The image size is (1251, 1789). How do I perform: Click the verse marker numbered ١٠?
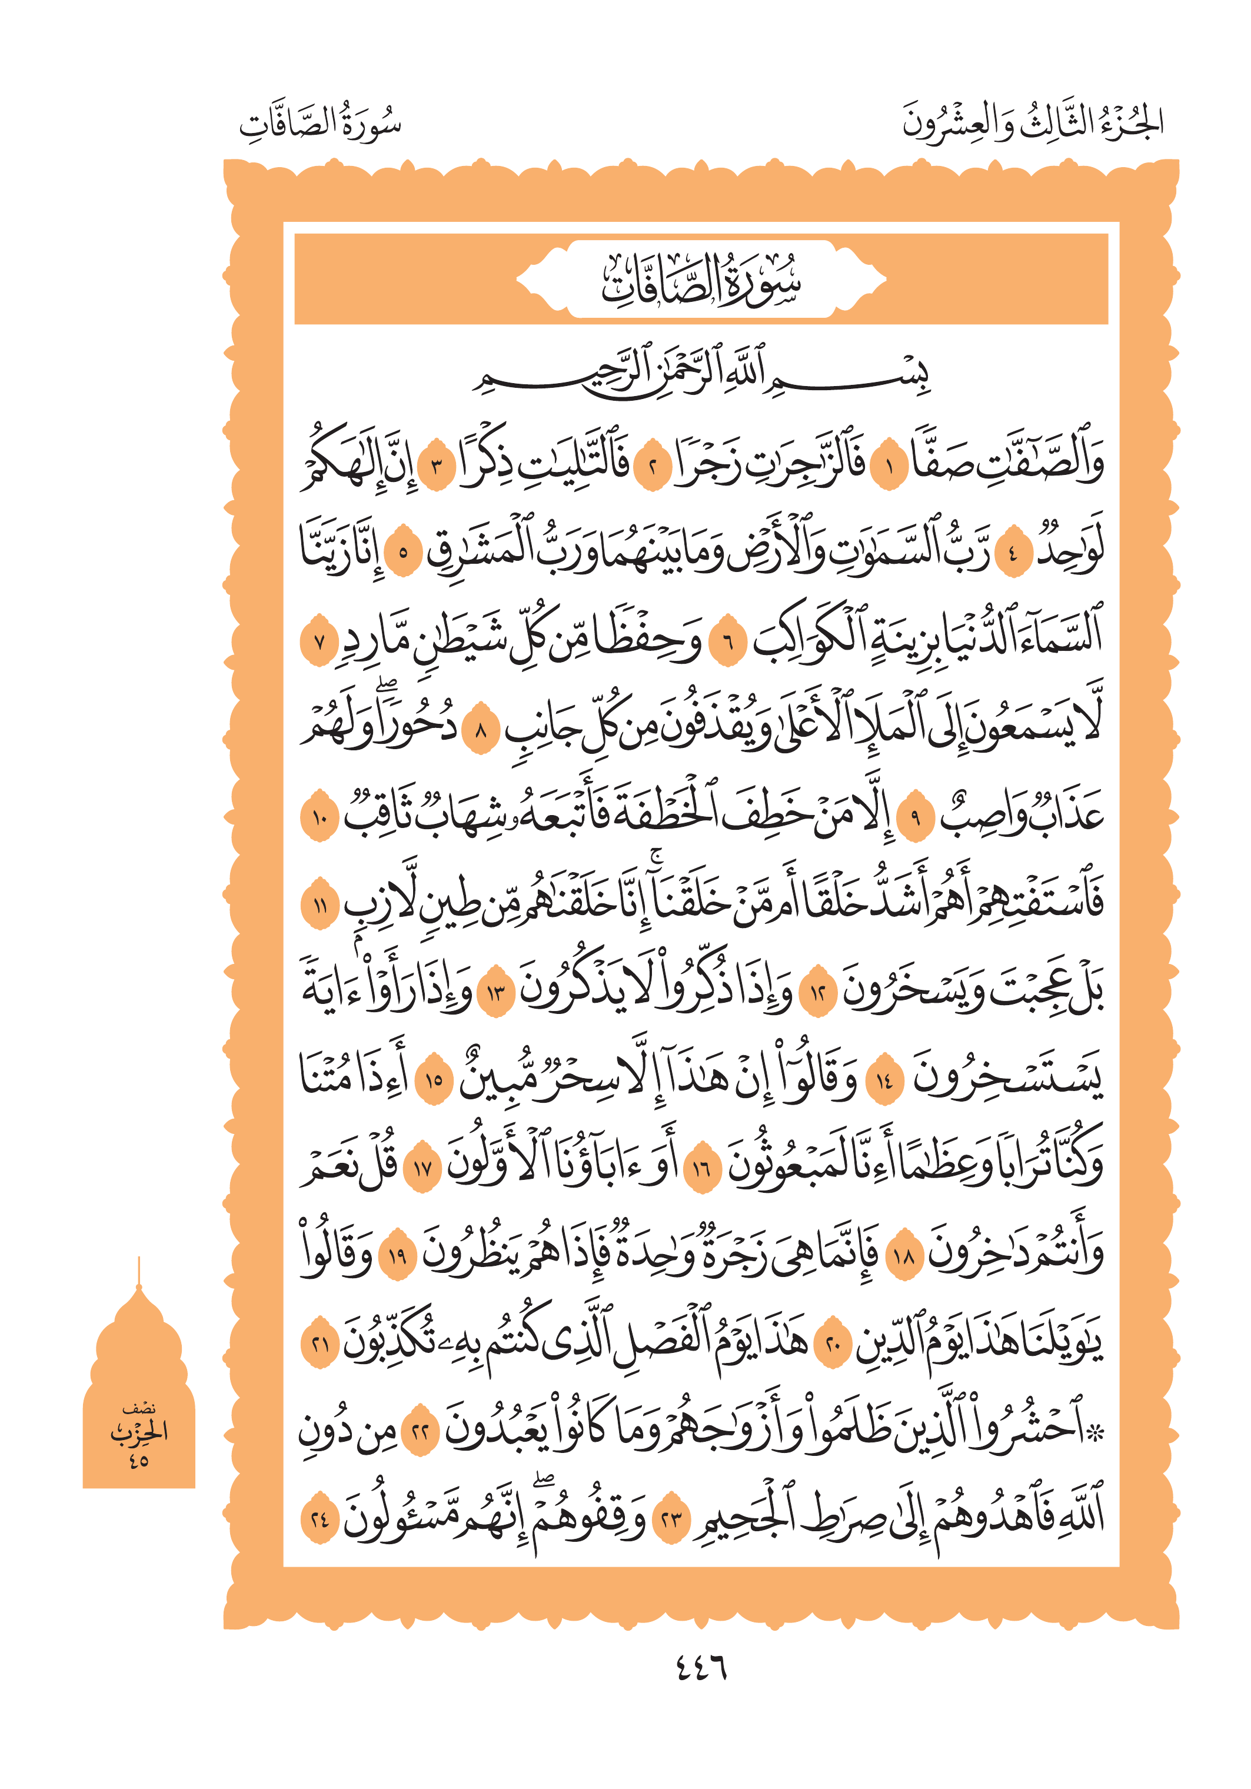coord(318,816)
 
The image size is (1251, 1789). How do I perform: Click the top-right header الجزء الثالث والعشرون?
coord(1032,122)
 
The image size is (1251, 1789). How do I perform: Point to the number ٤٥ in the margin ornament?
coord(139,1460)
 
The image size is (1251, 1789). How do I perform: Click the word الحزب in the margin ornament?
coord(139,1432)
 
